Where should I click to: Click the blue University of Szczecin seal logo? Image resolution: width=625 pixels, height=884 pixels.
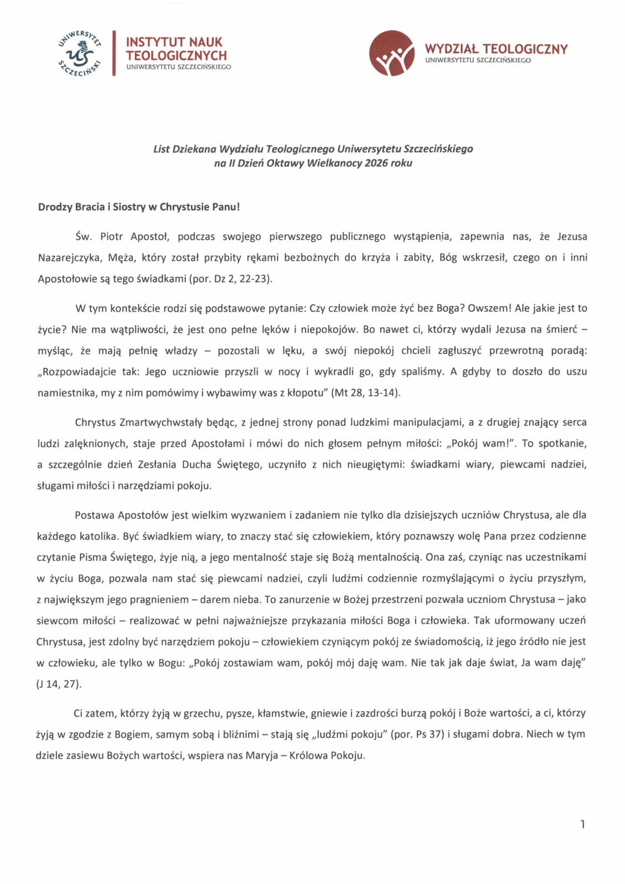point(81,54)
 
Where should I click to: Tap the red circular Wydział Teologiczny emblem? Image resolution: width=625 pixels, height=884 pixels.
point(391,53)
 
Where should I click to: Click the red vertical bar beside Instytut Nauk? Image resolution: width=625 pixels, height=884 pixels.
point(114,53)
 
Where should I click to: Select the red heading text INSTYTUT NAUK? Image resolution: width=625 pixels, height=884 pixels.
point(174,42)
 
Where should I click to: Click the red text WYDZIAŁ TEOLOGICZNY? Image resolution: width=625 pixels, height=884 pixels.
point(496,49)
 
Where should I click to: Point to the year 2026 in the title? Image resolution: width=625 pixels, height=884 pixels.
point(376,163)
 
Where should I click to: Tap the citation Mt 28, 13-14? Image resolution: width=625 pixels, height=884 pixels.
point(365,393)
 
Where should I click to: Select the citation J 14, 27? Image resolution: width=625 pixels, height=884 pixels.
point(58,684)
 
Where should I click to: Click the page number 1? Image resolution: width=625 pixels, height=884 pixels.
point(582,824)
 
